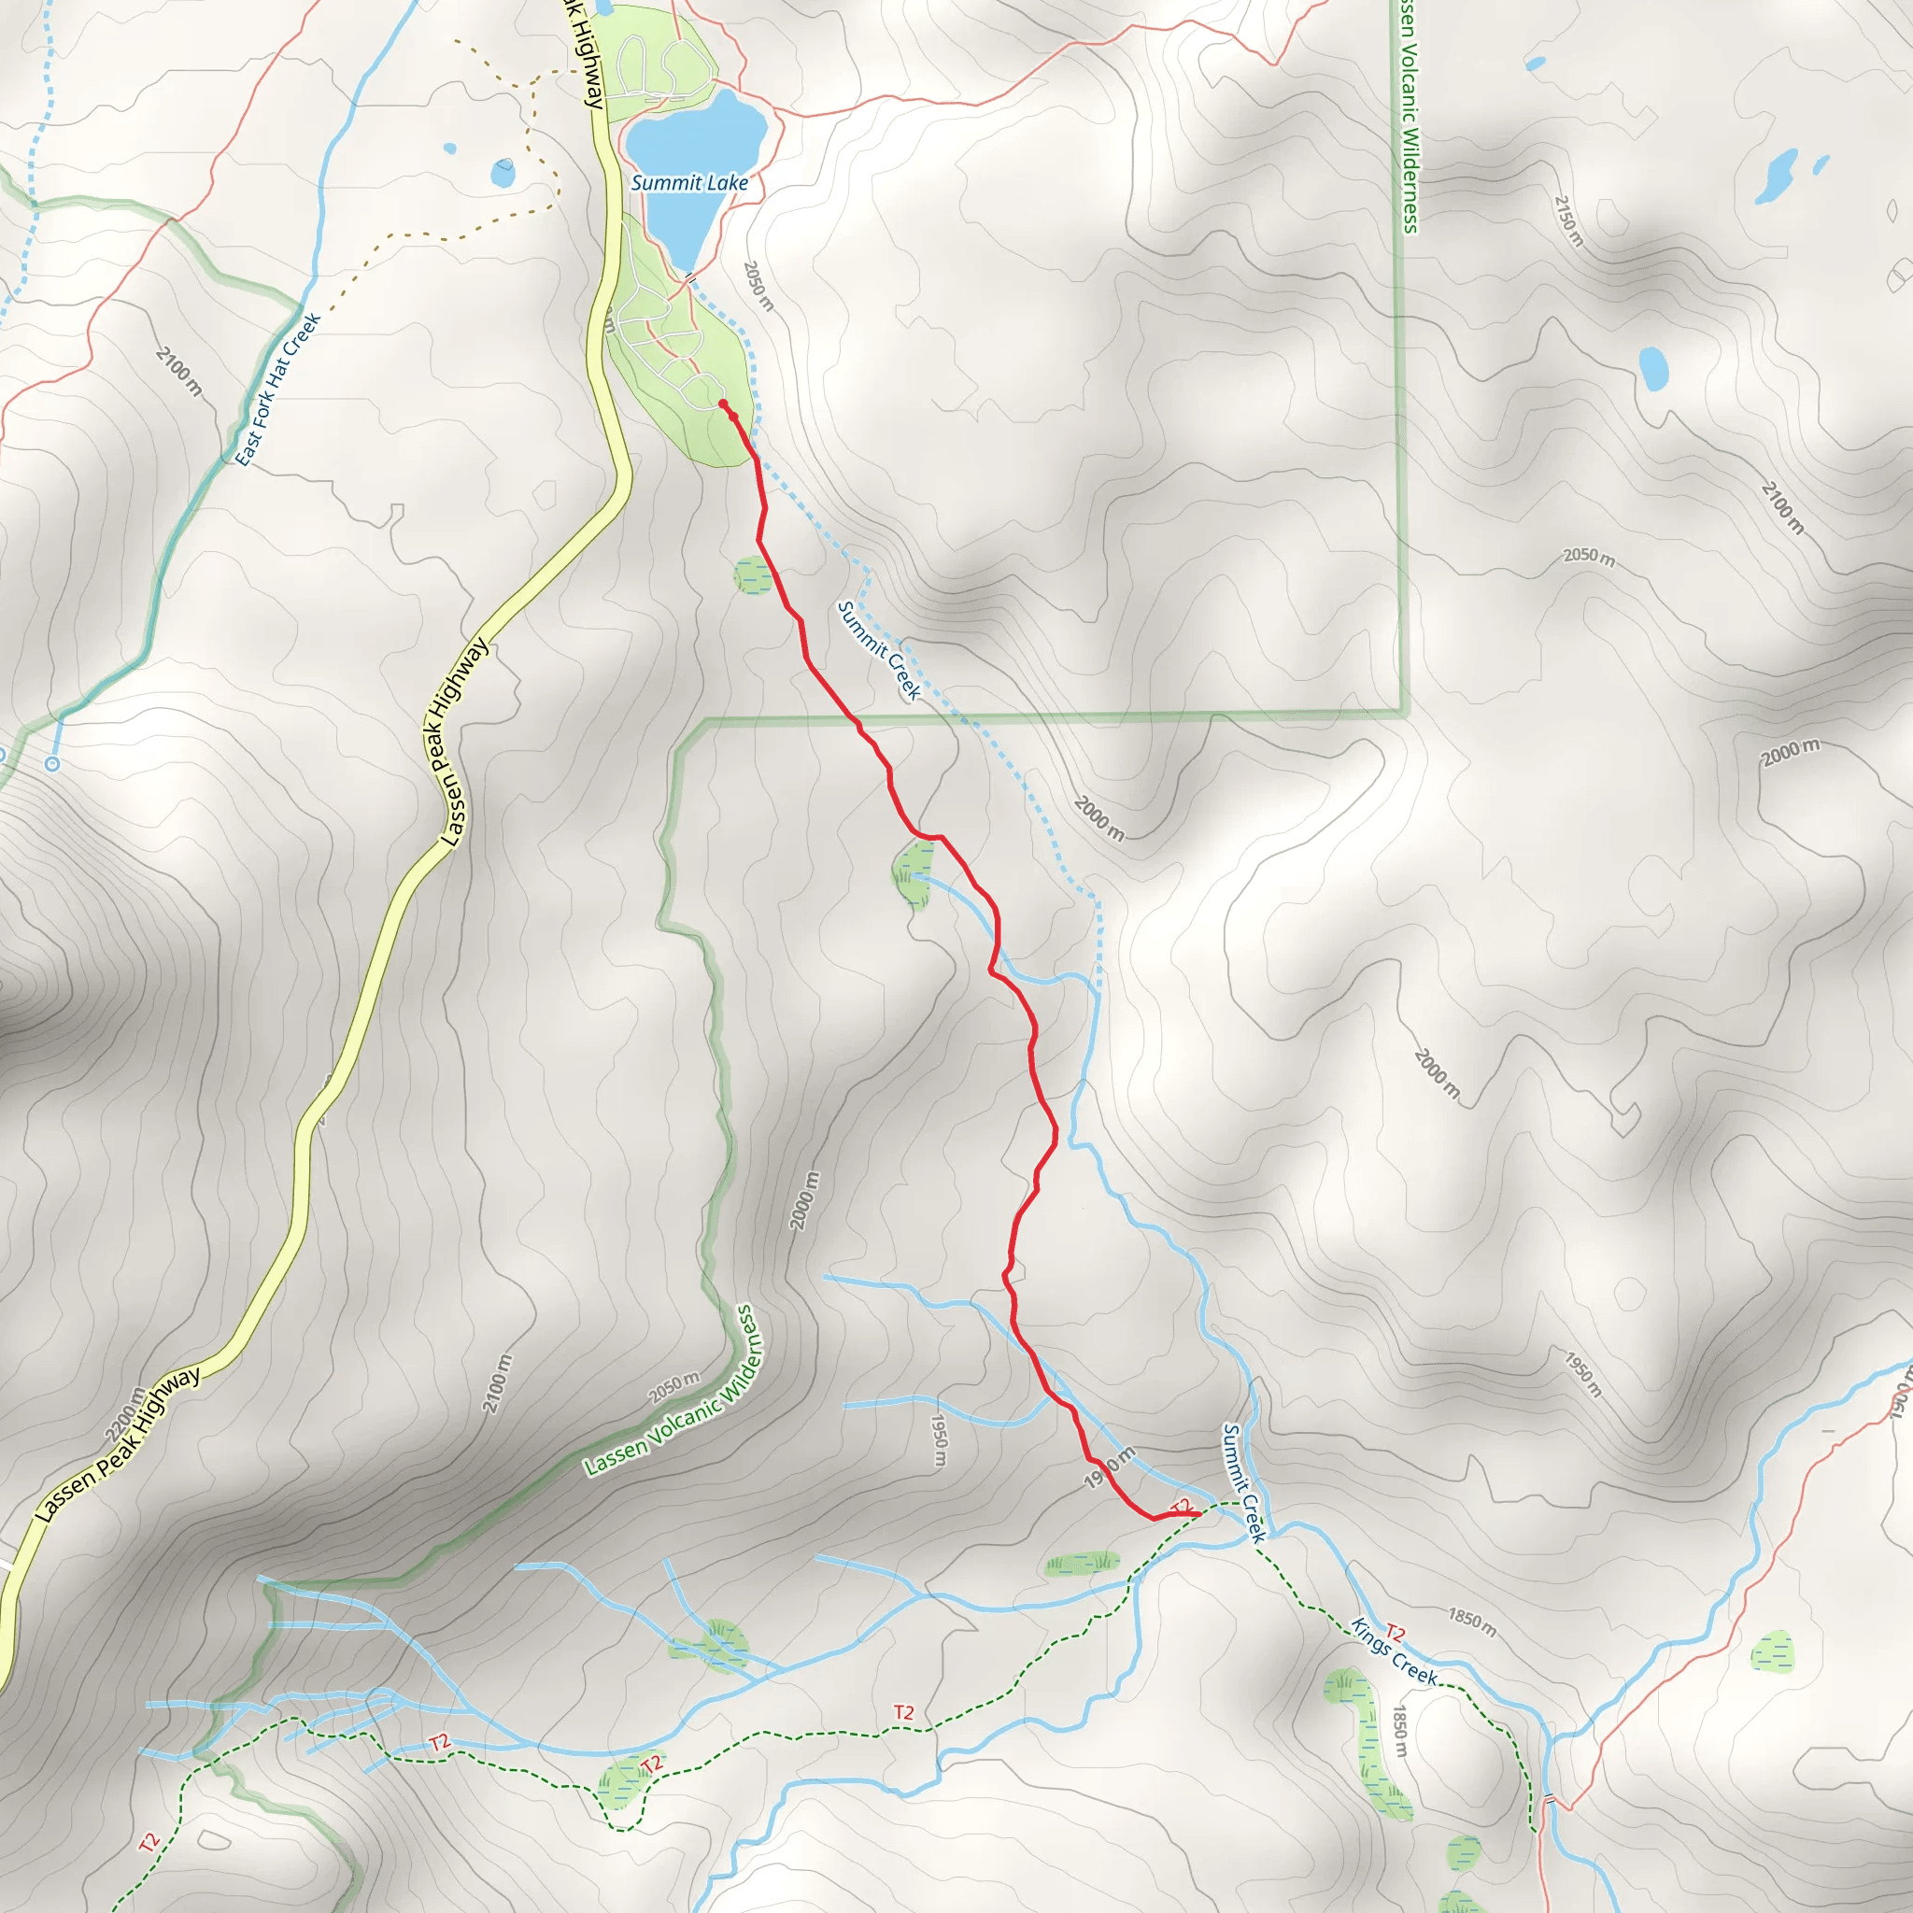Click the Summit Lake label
[689, 183]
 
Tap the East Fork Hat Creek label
[278, 390]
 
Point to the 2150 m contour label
[1567, 220]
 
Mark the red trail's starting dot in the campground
[723, 404]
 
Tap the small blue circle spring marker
[52, 763]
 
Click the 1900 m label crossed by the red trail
[1108, 1467]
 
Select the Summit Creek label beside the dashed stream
[878, 649]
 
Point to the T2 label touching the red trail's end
[1181, 1506]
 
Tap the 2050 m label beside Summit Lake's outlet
[758, 286]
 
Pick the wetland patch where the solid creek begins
[913, 875]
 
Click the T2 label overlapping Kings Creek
[1396, 1633]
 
